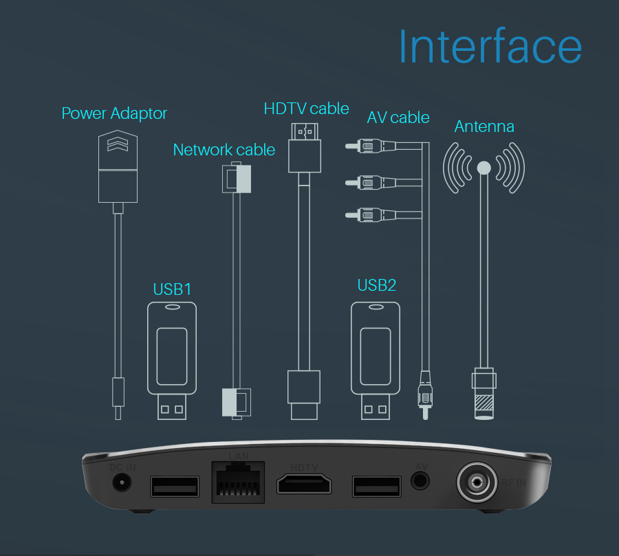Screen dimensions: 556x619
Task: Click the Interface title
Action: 490,47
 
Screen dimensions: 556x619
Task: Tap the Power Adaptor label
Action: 114,113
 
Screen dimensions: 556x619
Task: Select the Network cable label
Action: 224,150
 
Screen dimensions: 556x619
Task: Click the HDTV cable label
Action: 306,109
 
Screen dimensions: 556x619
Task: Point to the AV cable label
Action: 398,118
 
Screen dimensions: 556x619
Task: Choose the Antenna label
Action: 484,126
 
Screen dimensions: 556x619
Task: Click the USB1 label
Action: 172,289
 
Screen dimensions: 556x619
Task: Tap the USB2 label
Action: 377,285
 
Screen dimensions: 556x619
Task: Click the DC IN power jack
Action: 122,482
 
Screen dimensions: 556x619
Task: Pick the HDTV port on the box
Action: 305,485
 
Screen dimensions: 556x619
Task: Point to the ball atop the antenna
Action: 484,167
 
